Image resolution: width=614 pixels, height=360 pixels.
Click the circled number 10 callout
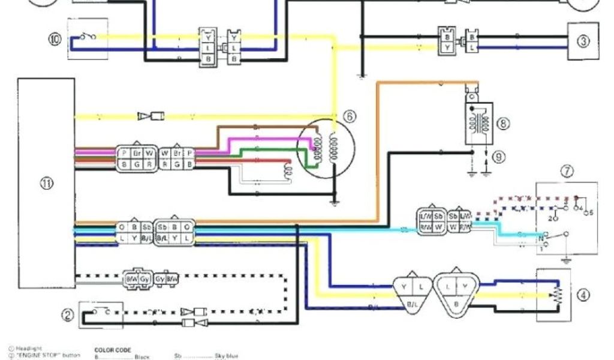click(55, 40)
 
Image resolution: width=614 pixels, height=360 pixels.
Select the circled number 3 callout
click(583, 41)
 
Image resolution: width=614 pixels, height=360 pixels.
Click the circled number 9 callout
click(499, 157)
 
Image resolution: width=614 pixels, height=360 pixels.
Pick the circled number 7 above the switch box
click(567, 171)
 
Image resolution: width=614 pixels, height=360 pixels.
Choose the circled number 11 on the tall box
click(46, 183)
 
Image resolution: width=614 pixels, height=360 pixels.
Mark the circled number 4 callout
click(583, 295)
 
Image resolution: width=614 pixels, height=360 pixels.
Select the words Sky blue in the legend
click(227, 356)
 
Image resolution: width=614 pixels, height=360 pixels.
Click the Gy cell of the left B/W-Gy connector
click(145, 279)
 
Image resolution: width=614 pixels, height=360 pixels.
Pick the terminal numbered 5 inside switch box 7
click(591, 212)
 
